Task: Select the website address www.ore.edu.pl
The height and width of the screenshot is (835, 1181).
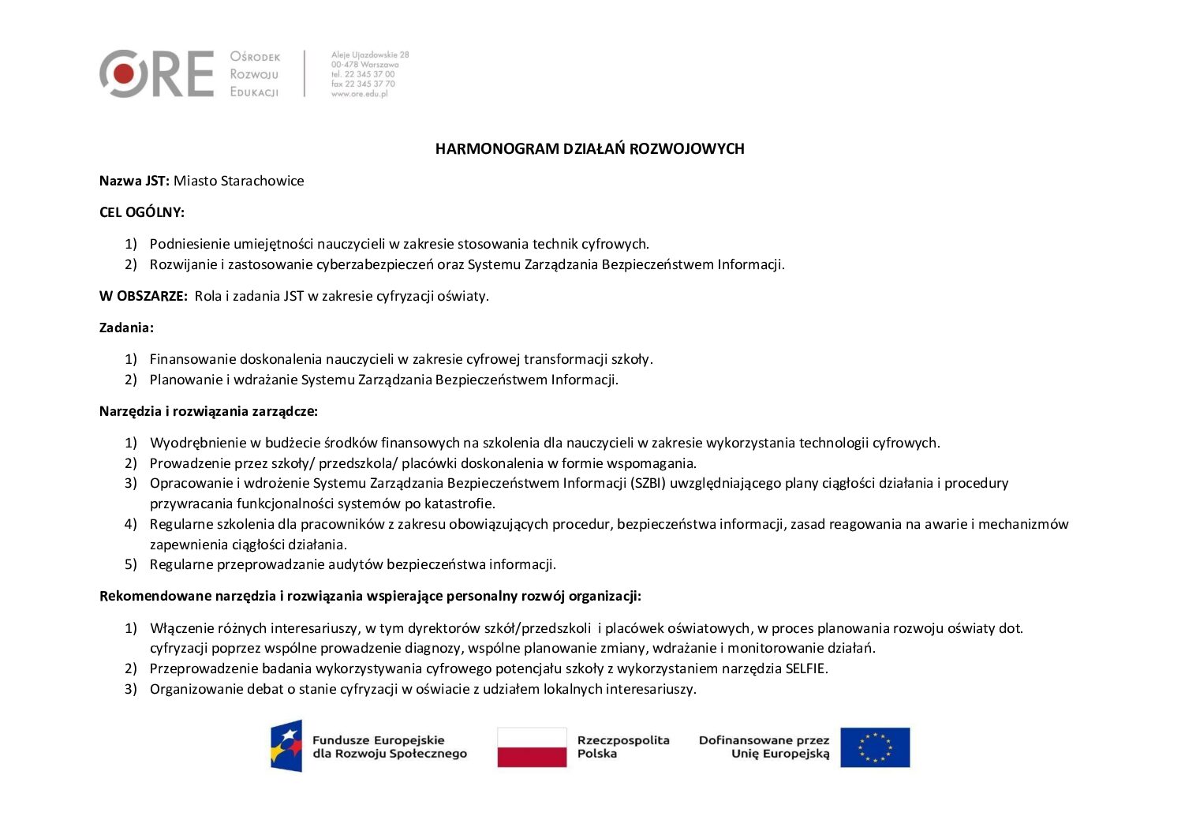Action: (359, 93)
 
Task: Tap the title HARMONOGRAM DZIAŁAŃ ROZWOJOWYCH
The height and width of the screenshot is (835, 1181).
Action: (589, 148)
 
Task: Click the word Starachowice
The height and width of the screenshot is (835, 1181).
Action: (263, 181)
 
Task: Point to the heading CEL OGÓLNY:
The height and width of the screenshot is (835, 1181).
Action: (142, 212)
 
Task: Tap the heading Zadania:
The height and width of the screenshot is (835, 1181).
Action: (126, 328)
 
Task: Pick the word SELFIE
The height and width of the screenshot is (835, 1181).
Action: (805, 668)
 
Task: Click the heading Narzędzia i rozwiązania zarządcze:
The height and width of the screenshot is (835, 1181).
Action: (208, 411)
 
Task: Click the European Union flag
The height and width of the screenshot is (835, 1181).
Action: (874, 747)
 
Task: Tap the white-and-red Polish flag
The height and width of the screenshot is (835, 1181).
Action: (532, 747)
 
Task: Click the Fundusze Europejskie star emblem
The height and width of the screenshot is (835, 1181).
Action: (286, 745)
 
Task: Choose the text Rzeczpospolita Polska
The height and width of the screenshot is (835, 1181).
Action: (622, 747)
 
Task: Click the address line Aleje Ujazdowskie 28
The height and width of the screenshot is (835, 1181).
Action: (370, 55)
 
